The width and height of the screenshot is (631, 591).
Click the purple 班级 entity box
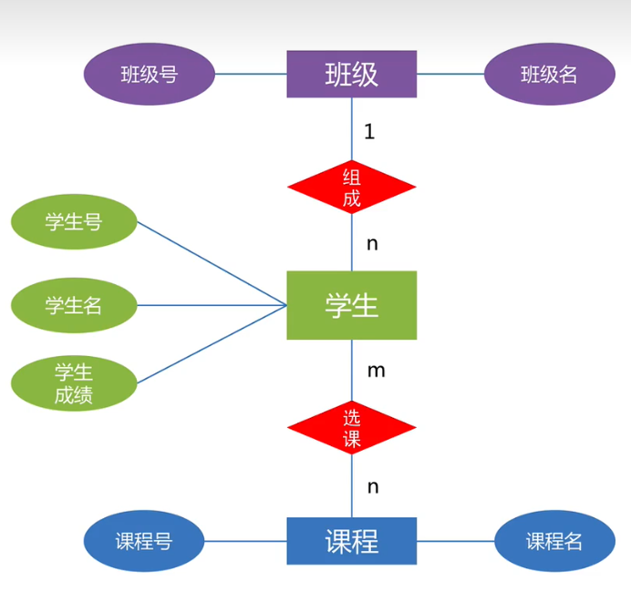[x=352, y=74]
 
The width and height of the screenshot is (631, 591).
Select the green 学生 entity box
[x=352, y=305]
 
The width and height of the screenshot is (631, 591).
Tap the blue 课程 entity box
[x=352, y=541]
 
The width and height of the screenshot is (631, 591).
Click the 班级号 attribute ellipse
[x=150, y=74]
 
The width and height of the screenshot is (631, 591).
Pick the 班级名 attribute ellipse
[x=549, y=74]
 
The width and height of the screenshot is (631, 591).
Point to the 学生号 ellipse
[x=74, y=222]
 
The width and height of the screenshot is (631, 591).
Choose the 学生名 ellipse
[x=74, y=305]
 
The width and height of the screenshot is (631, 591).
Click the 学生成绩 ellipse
[x=74, y=383]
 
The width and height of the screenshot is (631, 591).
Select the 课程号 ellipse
[x=144, y=541]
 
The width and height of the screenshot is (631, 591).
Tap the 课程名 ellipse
[x=554, y=541]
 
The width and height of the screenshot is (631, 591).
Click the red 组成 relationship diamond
[x=352, y=187]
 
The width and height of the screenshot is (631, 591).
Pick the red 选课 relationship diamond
[x=352, y=428]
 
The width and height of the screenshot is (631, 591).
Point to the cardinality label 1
[x=369, y=131]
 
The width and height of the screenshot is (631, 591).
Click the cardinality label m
[x=376, y=370]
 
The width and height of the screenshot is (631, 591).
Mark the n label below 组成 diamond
[x=372, y=244]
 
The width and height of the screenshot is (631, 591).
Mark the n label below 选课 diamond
[x=373, y=486]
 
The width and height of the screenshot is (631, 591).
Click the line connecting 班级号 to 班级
[x=251, y=74]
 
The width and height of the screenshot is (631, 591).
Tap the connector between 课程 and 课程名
[x=456, y=541]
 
